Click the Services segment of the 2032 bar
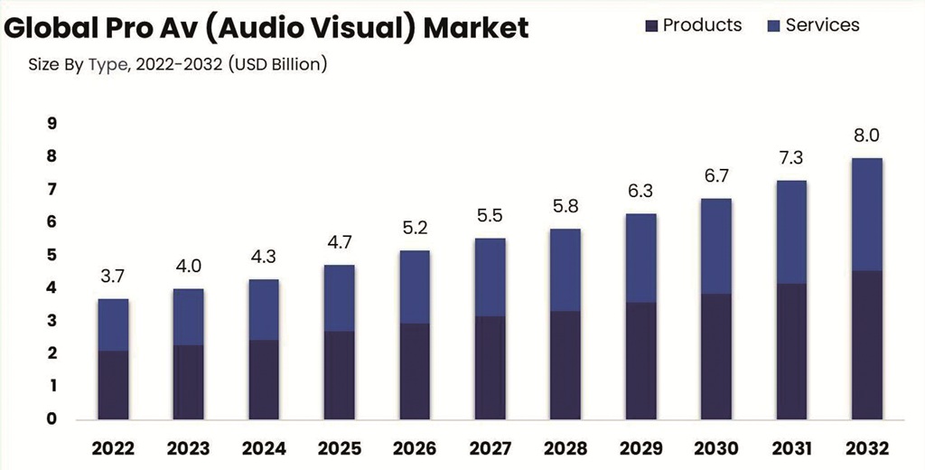pyautogui.click(x=867, y=214)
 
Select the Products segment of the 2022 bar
pyautogui.click(x=113, y=384)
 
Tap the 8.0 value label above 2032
pyautogui.click(x=867, y=136)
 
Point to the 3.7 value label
pyautogui.click(x=113, y=277)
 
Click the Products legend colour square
pyautogui.click(x=652, y=25)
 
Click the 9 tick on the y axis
pyautogui.click(x=52, y=124)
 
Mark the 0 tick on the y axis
pyautogui.click(x=52, y=418)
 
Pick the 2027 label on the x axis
pyautogui.click(x=491, y=448)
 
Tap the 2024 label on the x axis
pyautogui.click(x=264, y=448)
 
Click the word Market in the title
pyautogui.click(x=476, y=28)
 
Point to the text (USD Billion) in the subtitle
pyautogui.click(x=279, y=65)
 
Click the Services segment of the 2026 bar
pyautogui.click(x=415, y=287)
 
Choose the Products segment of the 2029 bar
pyautogui.click(x=641, y=360)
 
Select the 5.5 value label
pyautogui.click(x=491, y=216)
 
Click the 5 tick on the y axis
pyautogui.click(x=52, y=255)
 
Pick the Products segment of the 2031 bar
pyautogui.click(x=792, y=351)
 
